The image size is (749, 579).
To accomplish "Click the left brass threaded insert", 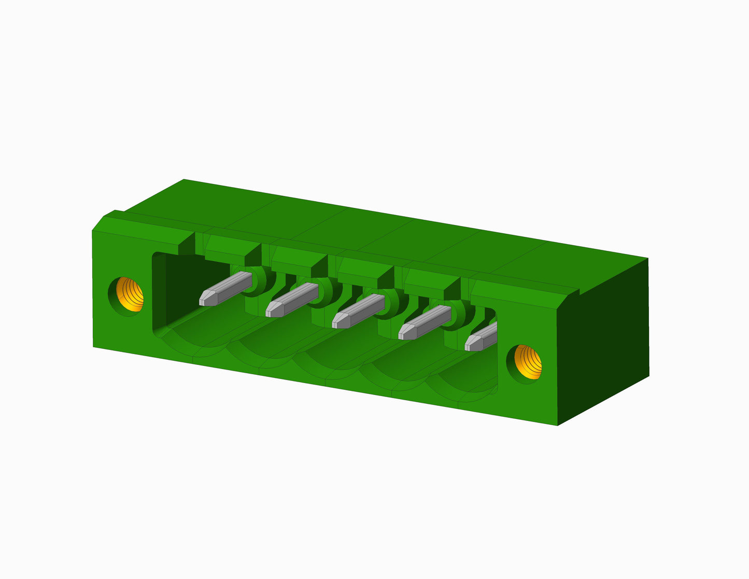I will pyautogui.click(x=129, y=294).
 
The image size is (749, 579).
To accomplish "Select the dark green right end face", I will pyautogui.click(x=604, y=337).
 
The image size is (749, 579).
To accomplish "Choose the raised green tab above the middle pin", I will pyautogui.click(x=364, y=270).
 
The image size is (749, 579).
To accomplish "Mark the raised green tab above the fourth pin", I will pyautogui.click(x=431, y=281).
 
